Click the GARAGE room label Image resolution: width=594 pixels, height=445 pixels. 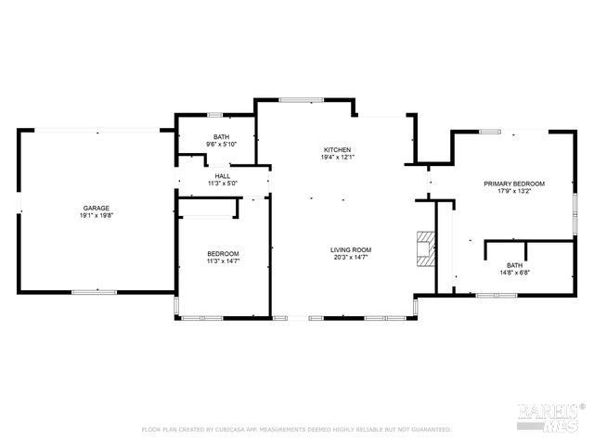(x=97, y=208)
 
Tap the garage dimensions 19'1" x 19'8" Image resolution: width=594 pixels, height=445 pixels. (x=97, y=215)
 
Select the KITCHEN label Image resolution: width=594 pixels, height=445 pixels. (x=337, y=150)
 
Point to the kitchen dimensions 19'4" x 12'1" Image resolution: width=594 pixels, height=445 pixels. (x=337, y=158)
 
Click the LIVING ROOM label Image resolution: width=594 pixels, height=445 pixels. (x=351, y=249)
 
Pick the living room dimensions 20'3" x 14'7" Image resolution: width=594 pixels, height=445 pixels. (x=351, y=257)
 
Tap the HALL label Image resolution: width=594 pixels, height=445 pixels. (x=223, y=176)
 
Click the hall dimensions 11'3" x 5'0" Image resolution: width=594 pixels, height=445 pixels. (x=223, y=184)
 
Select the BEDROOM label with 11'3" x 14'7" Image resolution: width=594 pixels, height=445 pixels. (x=223, y=254)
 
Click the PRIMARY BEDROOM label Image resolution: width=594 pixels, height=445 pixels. (x=514, y=184)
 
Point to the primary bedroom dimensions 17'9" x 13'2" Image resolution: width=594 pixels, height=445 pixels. (x=514, y=191)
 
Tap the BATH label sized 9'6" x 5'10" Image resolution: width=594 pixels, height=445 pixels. (x=222, y=136)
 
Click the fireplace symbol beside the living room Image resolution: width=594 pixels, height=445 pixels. (x=426, y=248)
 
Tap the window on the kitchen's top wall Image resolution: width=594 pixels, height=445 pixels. (x=295, y=99)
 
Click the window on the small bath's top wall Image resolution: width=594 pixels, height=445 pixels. (x=214, y=115)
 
